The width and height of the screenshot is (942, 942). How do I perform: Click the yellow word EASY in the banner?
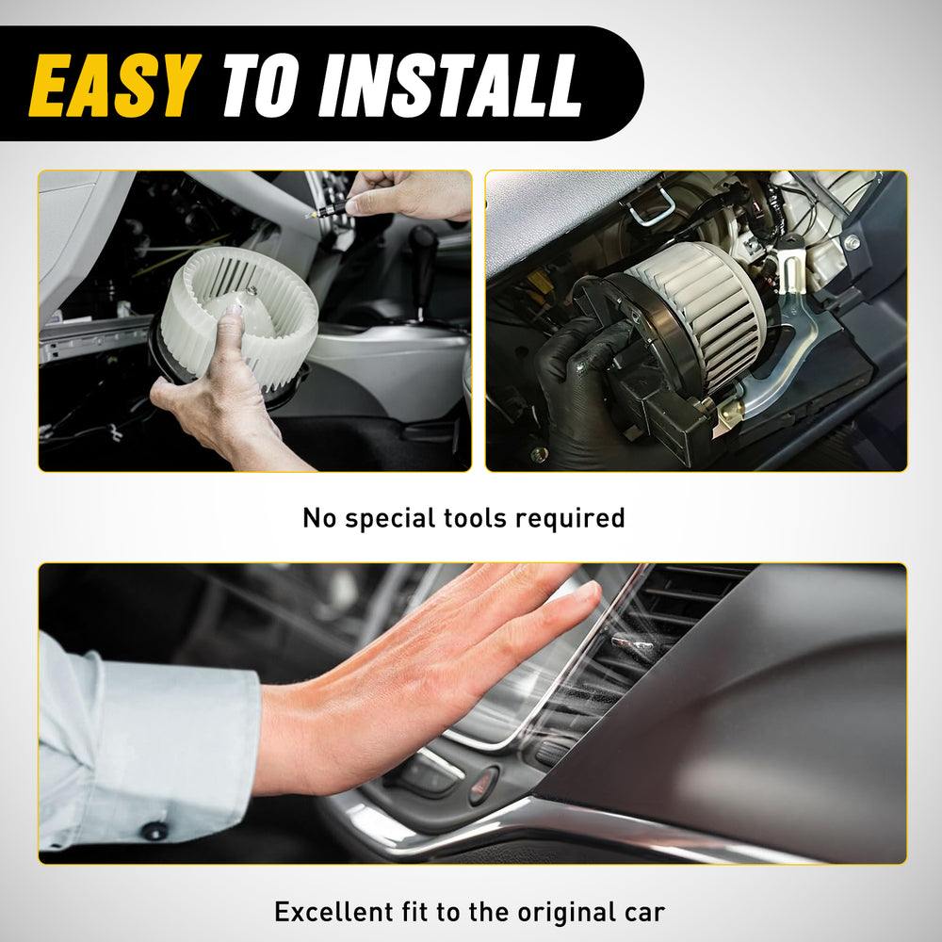coord(114,85)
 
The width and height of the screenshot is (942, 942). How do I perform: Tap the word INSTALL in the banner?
coord(450,85)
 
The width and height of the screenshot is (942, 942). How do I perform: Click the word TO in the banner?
coord(261,85)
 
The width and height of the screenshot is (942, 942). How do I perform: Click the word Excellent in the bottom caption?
coord(333,912)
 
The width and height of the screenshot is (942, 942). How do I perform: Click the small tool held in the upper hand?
coord(328,211)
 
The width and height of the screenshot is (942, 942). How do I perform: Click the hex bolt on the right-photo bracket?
coord(852,243)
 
